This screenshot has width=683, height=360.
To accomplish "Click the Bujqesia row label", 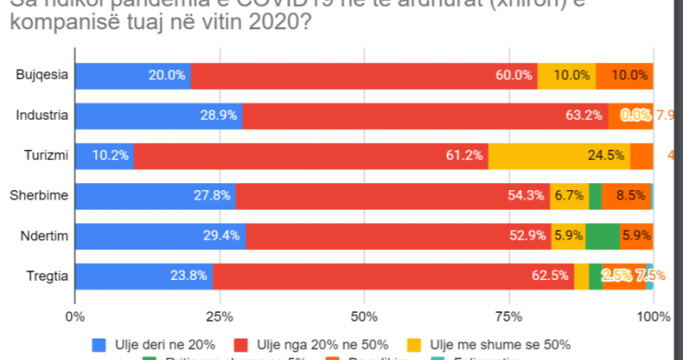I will [x=43, y=76].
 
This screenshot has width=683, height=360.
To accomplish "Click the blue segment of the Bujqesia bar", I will [x=133, y=76].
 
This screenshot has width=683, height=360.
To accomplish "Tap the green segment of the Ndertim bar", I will [x=602, y=236].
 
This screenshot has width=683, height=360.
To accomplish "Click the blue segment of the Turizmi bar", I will [x=104, y=156].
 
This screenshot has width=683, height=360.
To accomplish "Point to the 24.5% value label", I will [x=606, y=156].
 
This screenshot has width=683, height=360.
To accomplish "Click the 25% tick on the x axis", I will [x=220, y=316].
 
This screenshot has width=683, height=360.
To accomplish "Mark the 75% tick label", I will [x=509, y=316].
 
